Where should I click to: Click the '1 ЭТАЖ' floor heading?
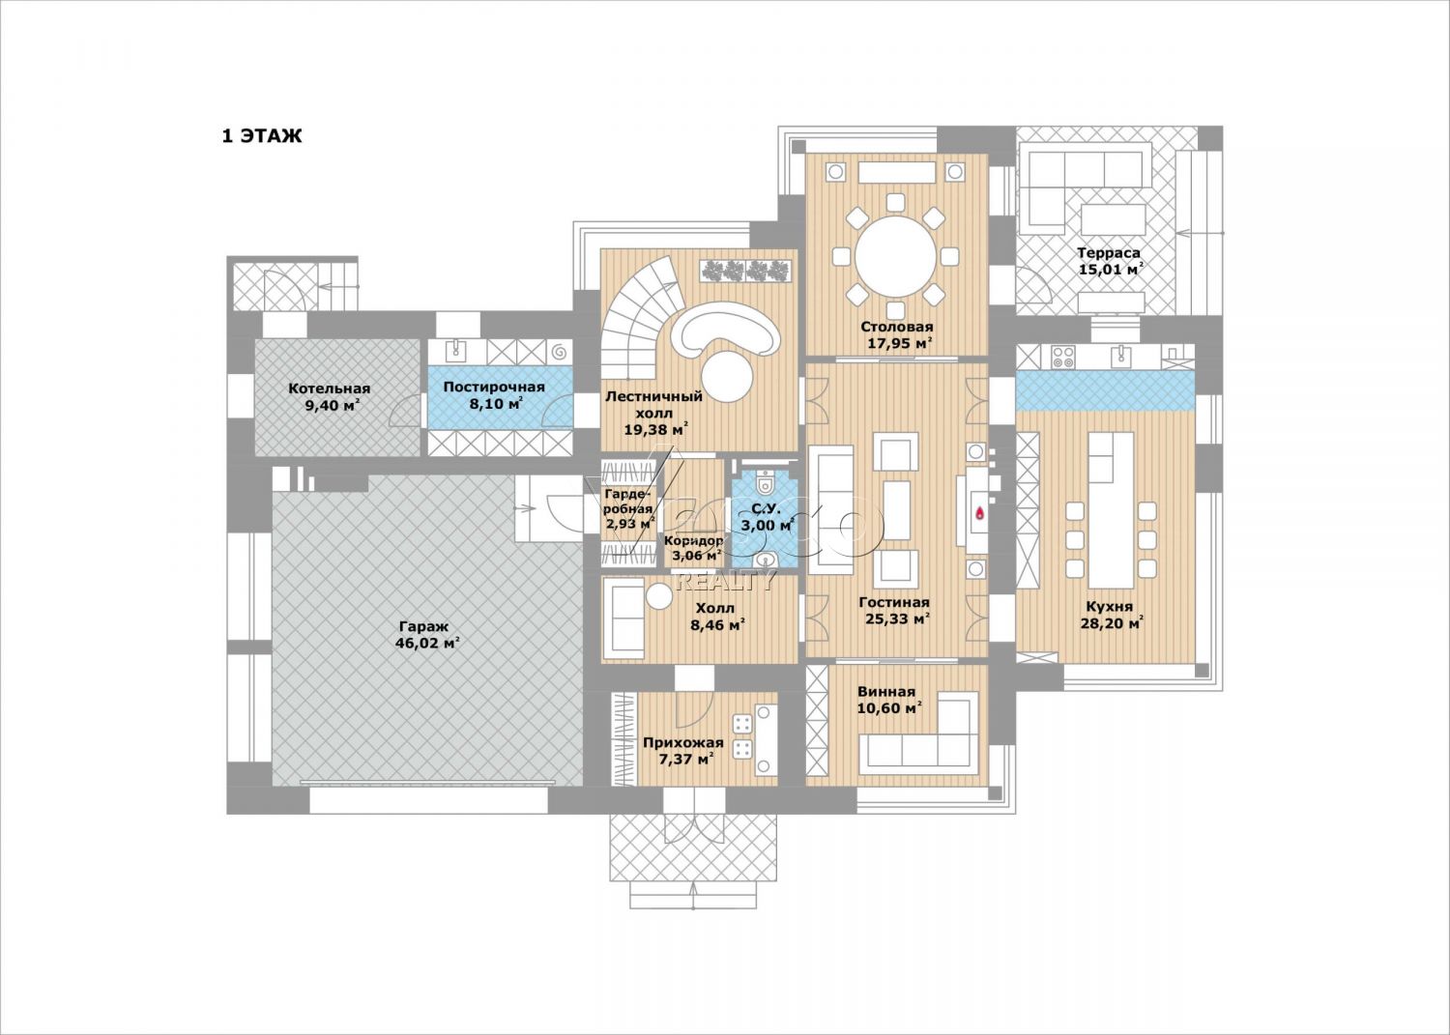pos(262,136)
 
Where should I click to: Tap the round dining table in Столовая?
pos(896,257)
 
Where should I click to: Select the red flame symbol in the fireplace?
pos(980,513)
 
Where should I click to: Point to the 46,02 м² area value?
pos(427,644)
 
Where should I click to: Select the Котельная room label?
pos(330,388)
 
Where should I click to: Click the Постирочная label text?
pos(494,388)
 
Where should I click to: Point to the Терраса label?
pos(1109,253)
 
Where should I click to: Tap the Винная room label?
pos(886,691)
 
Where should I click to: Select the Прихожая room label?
pos(682,743)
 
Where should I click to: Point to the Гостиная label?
pos(894,603)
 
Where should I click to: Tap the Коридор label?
pos(693,540)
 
